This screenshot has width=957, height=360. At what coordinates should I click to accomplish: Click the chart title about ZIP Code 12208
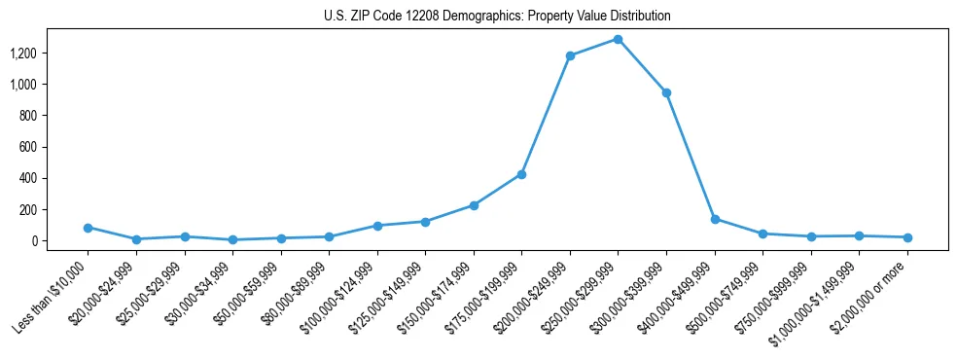coord(497,17)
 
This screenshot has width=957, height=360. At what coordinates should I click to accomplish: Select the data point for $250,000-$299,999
coord(618,40)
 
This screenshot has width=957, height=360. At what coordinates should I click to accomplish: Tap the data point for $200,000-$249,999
coord(570,55)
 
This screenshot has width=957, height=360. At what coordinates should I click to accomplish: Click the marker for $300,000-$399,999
coord(666,93)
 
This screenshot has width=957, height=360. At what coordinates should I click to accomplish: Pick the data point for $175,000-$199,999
coord(521,174)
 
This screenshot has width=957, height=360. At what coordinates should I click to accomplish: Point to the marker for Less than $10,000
coord(88,228)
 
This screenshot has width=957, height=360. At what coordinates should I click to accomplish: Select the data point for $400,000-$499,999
coord(715,219)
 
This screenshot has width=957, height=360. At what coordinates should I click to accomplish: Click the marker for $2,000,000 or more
coord(907,237)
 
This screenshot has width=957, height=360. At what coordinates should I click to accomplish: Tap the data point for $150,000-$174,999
coord(474,205)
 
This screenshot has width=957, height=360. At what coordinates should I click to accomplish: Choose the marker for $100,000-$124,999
coord(377,226)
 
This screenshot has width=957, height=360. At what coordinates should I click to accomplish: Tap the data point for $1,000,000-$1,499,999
coord(859,235)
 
